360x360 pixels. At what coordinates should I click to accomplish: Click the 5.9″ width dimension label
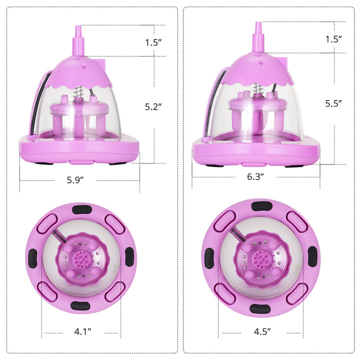[x=75, y=180]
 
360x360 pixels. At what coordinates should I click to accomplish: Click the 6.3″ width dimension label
[x=255, y=176]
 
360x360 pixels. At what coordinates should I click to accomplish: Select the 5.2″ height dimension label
[x=153, y=107]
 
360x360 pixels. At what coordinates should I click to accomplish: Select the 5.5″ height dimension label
[x=333, y=103]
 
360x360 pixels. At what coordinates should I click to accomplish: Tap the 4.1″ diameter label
[x=82, y=331]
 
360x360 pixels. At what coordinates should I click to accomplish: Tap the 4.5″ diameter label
[x=262, y=331]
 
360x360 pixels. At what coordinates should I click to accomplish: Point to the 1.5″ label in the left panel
[x=153, y=42]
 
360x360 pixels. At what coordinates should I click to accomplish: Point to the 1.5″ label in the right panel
[x=333, y=39]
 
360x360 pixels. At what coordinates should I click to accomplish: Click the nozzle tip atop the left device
[x=78, y=26]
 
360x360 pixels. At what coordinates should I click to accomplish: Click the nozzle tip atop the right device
[x=258, y=22]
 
